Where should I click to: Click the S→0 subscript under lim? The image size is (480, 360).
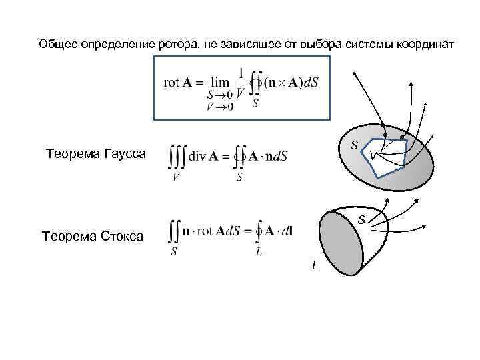[219, 95]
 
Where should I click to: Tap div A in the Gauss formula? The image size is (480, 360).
[204, 157]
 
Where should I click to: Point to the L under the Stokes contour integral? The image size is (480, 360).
[259, 251]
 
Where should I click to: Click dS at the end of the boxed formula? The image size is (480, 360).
[307, 83]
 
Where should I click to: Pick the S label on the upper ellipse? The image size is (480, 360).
[355, 145]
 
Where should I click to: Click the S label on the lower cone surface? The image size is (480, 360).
[361, 219]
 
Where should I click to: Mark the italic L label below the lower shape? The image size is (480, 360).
[315, 266]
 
